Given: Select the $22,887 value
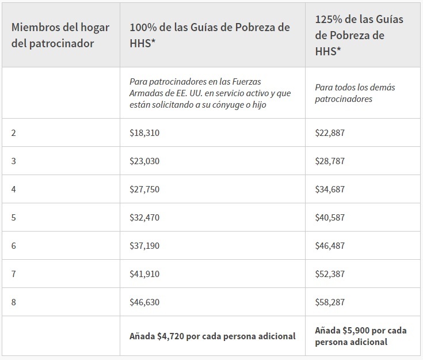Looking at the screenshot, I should (x=330, y=132).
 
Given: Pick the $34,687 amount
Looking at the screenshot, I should (x=330, y=189).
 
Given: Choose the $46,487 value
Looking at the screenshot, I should (x=330, y=245).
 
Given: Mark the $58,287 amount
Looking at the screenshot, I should (x=330, y=302).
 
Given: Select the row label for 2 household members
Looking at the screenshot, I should (x=14, y=132).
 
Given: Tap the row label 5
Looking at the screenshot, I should (x=14, y=217).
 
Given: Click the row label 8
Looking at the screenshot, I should (x=14, y=302).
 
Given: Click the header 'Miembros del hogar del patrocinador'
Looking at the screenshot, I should (x=52, y=35).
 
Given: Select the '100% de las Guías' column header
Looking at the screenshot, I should (x=209, y=35).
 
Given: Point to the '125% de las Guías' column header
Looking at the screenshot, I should (x=359, y=35).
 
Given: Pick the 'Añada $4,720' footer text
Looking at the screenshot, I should (x=212, y=336).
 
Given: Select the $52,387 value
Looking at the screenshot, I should (x=330, y=274).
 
